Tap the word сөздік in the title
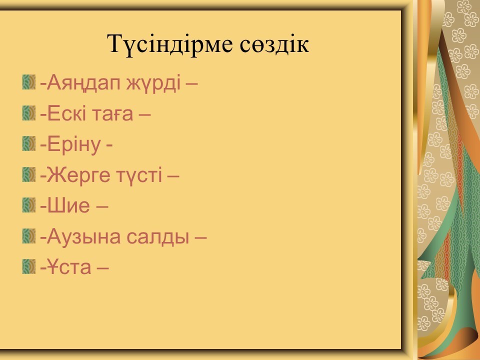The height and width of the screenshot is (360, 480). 274,44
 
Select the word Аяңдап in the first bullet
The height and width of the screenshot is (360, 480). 83,83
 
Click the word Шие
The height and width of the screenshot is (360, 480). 68,205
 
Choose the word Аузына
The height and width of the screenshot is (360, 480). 83,236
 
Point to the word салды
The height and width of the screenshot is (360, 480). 158,237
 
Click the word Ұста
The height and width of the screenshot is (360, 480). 69,267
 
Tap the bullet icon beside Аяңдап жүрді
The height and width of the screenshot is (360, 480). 29,82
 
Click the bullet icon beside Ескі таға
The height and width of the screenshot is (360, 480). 29,113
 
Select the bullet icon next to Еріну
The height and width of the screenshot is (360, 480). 29,144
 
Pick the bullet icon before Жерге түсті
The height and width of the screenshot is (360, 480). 29,174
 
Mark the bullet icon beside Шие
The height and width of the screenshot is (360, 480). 29,205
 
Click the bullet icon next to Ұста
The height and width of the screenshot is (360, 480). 29,266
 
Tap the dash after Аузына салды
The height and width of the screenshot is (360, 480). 201,237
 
